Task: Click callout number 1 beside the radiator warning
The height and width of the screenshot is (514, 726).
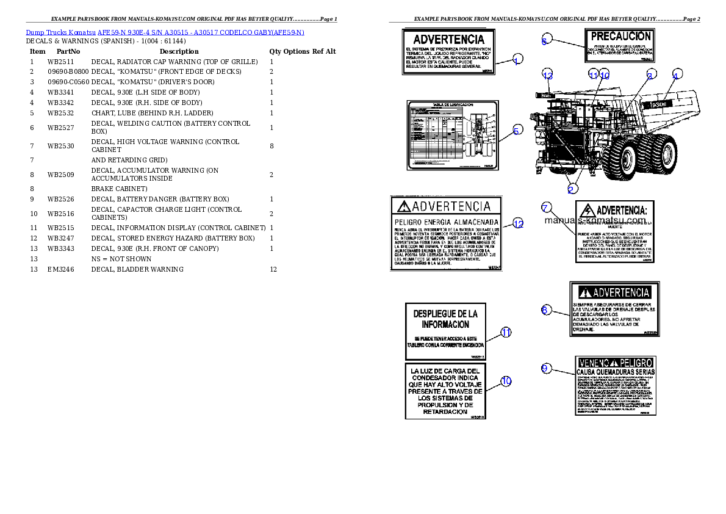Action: click(x=517, y=60)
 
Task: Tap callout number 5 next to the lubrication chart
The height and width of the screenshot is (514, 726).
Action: click(x=517, y=130)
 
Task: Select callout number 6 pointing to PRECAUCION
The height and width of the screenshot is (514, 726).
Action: click(x=545, y=41)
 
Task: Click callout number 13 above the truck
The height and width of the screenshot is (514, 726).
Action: click(x=547, y=75)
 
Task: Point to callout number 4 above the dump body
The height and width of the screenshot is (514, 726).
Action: click(x=675, y=74)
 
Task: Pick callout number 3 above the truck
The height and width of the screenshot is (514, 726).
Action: click(x=650, y=74)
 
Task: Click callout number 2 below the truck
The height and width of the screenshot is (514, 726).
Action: click(x=570, y=189)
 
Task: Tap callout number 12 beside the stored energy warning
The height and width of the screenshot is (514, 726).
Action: click(x=517, y=224)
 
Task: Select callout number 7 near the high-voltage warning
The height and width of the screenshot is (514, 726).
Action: click(x=547, y=207)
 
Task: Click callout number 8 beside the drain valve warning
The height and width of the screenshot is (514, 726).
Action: click(x=545, y=309)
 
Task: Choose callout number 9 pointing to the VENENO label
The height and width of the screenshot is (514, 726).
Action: click(x=546, y=367)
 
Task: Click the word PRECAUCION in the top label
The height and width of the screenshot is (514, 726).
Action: click(x=620, y=37)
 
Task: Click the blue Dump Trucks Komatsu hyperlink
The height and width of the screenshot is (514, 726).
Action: click(x=165, y=32)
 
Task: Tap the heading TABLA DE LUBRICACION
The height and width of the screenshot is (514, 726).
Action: click(x=452, y=105)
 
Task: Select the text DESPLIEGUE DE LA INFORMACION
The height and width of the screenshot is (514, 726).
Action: click(x=445, y=319)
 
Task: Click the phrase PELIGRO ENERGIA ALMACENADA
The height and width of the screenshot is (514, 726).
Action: click(x=447, y=221)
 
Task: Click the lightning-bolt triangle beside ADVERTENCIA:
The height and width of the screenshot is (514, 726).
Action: click(x=586, y=209)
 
